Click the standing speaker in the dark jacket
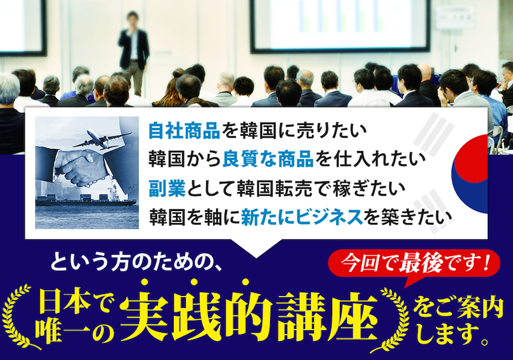point(133,53)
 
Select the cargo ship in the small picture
point(86,200)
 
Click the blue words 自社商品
point(184,131)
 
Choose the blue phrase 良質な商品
point(268,159)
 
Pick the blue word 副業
point(167,188)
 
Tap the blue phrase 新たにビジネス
point(302,217)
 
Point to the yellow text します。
point(454,334)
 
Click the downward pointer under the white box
point(256,248)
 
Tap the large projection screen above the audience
point(340,25)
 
